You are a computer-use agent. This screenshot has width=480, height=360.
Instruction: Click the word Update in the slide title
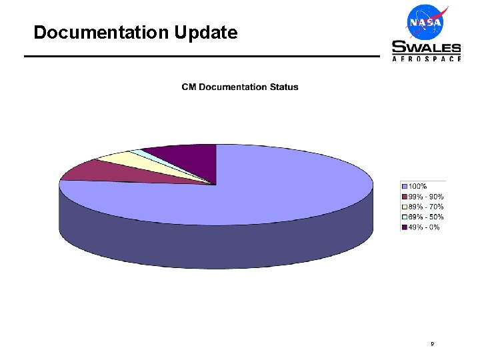click(x=207, y=32)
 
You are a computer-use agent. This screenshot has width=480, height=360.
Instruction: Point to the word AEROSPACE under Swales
click(x=426, y=59)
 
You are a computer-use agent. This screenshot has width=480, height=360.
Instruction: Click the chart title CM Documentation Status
click(x=240, y=87)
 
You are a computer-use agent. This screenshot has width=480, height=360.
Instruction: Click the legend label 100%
click(x=417, y=186)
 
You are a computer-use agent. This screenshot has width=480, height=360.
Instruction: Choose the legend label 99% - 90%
click(x=425, y=197)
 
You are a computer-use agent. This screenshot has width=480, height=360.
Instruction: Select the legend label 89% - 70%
click(x=425, y=207)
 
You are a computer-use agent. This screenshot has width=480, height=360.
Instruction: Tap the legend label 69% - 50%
click(x=425, y=217)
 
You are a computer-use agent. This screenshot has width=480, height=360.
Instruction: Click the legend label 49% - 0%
click(x=423, y=227)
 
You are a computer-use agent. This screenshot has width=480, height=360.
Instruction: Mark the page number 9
click(x=433, y=344)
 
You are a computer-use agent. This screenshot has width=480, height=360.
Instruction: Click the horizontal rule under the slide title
click(x=200, y=56)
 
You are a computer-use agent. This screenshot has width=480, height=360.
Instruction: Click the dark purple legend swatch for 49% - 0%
click(x=404, y=227)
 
